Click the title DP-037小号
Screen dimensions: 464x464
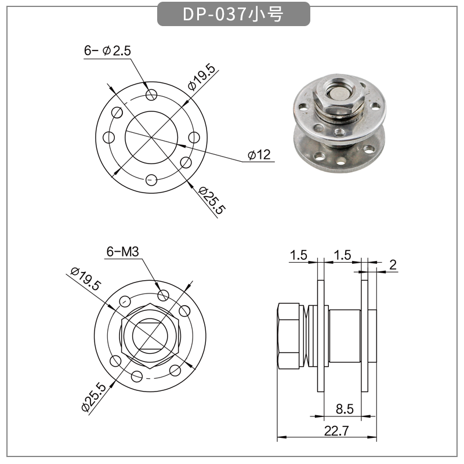click(x=233, y=14)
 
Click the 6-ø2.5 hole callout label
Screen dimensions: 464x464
click(x=108, y=51)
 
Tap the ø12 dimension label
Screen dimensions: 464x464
click(x=259, y=155)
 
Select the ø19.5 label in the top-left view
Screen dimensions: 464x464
click(x=201, y=77)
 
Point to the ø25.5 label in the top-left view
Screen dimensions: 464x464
click(x=210, y=201)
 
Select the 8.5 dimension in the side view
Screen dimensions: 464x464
click(x=345, y=409)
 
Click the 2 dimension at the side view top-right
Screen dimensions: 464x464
click(x=393, y=265)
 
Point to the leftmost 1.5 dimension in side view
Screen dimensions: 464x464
click(x=299, y=255)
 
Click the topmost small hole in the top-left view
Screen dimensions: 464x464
click(x=151, y=95)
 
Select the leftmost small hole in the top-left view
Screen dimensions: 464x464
click(x=108, y=137)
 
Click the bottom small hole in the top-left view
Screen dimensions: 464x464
click(x=151, y=180)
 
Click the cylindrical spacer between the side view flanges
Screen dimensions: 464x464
click(x=345, y=336)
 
